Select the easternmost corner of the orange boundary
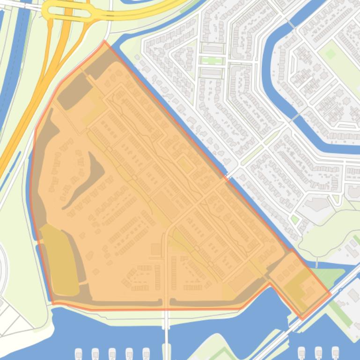tap(331, 294)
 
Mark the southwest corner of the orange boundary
tap(53, 303)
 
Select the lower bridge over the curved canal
tap(294, 117)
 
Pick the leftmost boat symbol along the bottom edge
tap(79, 353)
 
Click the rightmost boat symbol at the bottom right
tap(335, 353)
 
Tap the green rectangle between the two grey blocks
tap(212, 60)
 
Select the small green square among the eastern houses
tap(294, 219)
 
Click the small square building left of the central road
tap(155, 249)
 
